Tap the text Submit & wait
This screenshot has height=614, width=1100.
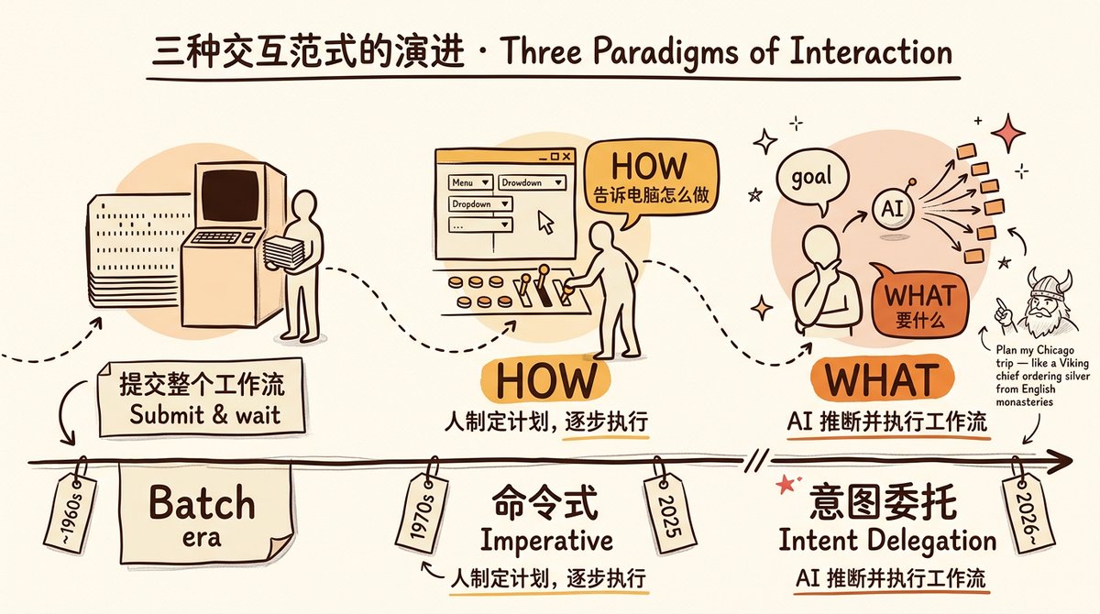click(x=204, y=414)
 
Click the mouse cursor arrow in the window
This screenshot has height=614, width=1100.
click(x=546, y=221)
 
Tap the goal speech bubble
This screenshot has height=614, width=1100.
click(x=812, y=177)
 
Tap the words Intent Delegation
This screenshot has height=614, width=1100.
click(x=887, y=540)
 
